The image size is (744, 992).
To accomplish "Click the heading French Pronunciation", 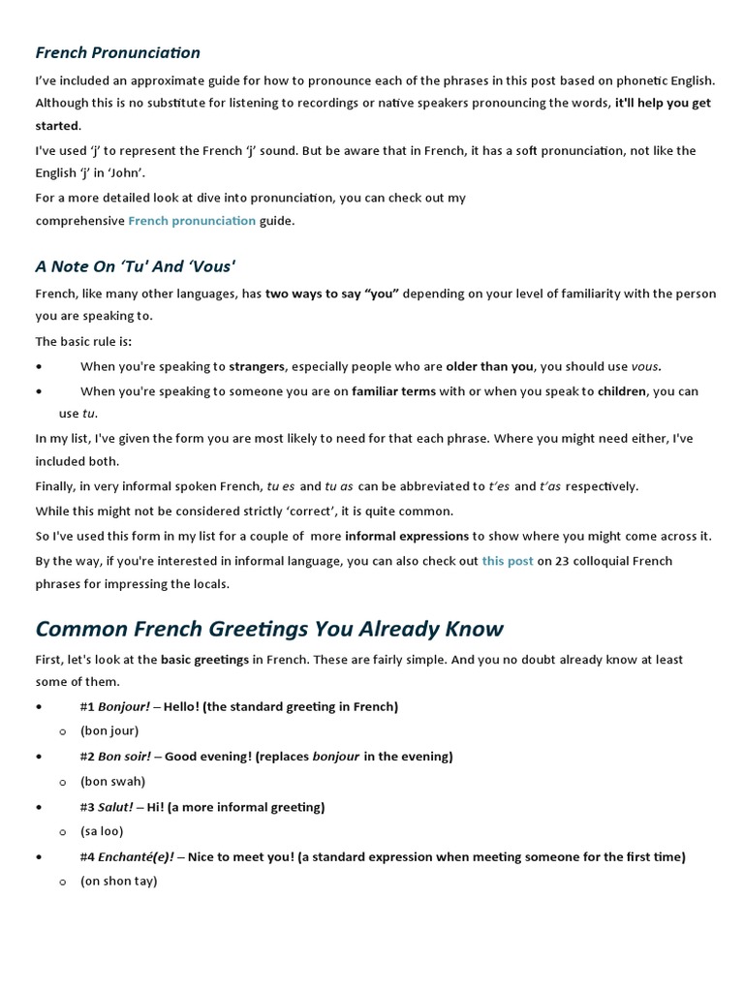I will (x=118, y=52).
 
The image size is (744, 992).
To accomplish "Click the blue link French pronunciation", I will (x=192, y=221).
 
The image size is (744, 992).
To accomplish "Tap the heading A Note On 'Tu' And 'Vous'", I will (x=136, y=266).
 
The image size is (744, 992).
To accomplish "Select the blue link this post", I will (x=508, y=561).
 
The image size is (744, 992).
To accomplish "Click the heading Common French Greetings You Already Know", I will (x=269, y=629).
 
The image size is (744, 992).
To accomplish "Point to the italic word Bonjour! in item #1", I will (x=124, y=706).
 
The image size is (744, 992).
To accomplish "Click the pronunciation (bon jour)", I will (x=109, y=730).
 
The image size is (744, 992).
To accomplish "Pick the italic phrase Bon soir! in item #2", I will (x=125, y=757).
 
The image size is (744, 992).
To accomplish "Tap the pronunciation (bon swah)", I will (x=112, y=781).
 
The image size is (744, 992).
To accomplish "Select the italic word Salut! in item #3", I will (x=115, y=807).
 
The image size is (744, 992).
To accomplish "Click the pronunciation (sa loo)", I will (x=102, y=831).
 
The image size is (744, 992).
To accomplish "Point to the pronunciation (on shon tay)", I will (x=118, y=881).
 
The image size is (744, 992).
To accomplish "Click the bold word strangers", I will (x=257, y=366).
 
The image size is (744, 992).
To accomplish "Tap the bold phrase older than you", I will (x=489, y=366).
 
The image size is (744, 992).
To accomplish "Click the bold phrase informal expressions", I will (x=407, y=536).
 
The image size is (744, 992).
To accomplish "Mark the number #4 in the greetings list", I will (x=87, y=856).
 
